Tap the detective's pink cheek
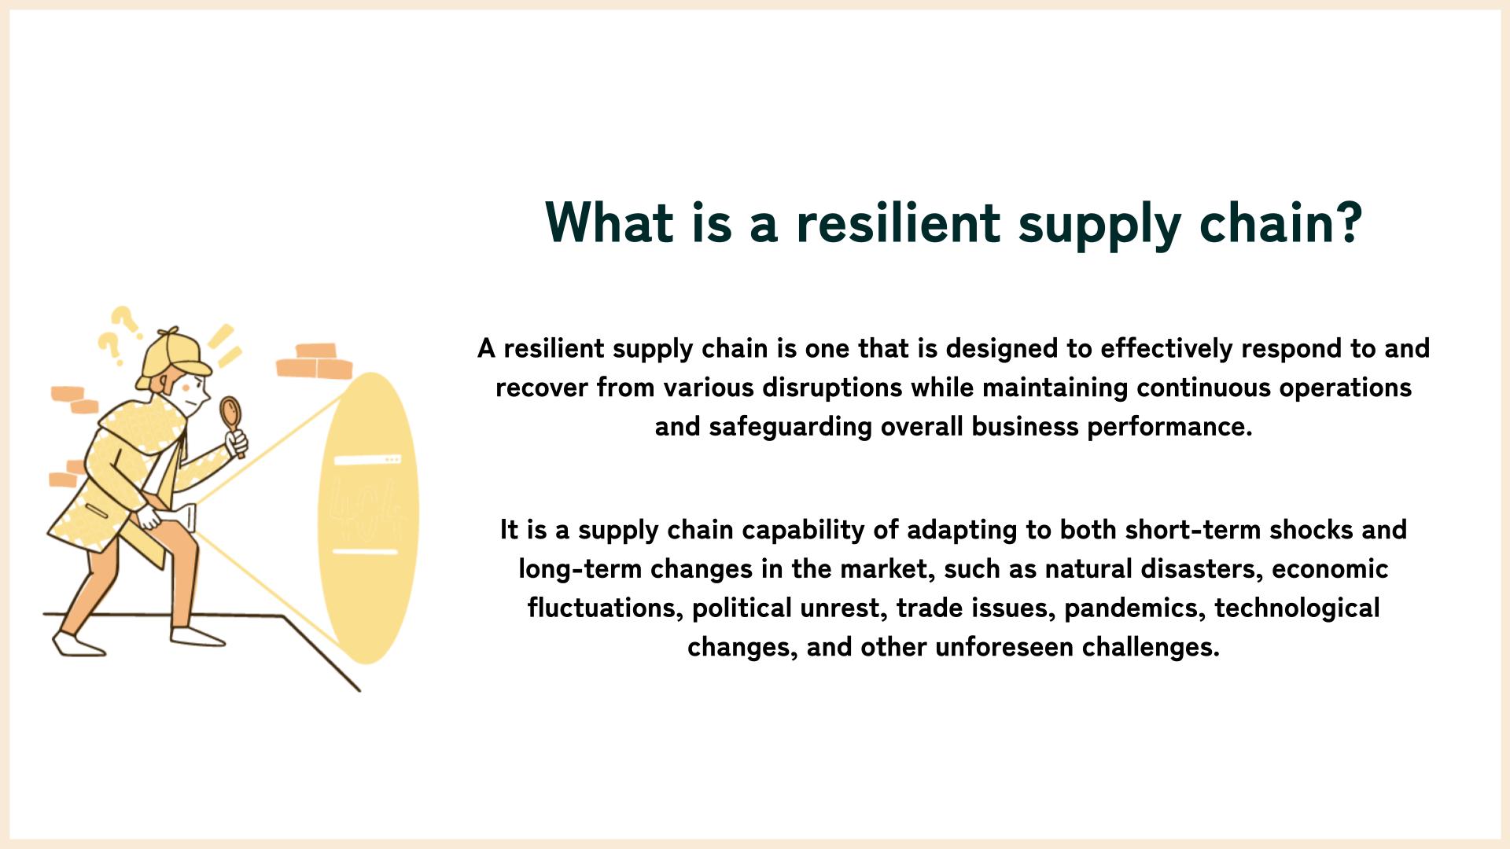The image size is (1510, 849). [x=187, y=388]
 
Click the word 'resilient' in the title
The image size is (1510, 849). [x=898, y=222]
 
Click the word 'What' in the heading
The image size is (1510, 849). [x=610, y=222]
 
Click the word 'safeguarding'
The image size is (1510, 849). [x=790, y=427]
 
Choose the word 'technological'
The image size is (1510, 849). [x=1297, y=608]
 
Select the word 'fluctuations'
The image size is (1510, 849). [x=602, y=608]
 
